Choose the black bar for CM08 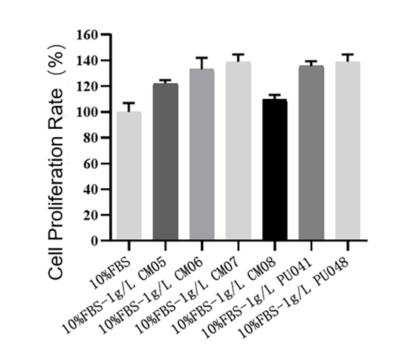(x=274, y=170)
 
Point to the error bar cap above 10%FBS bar (x=128, y=103)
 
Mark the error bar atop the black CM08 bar (x=274, y=95)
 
